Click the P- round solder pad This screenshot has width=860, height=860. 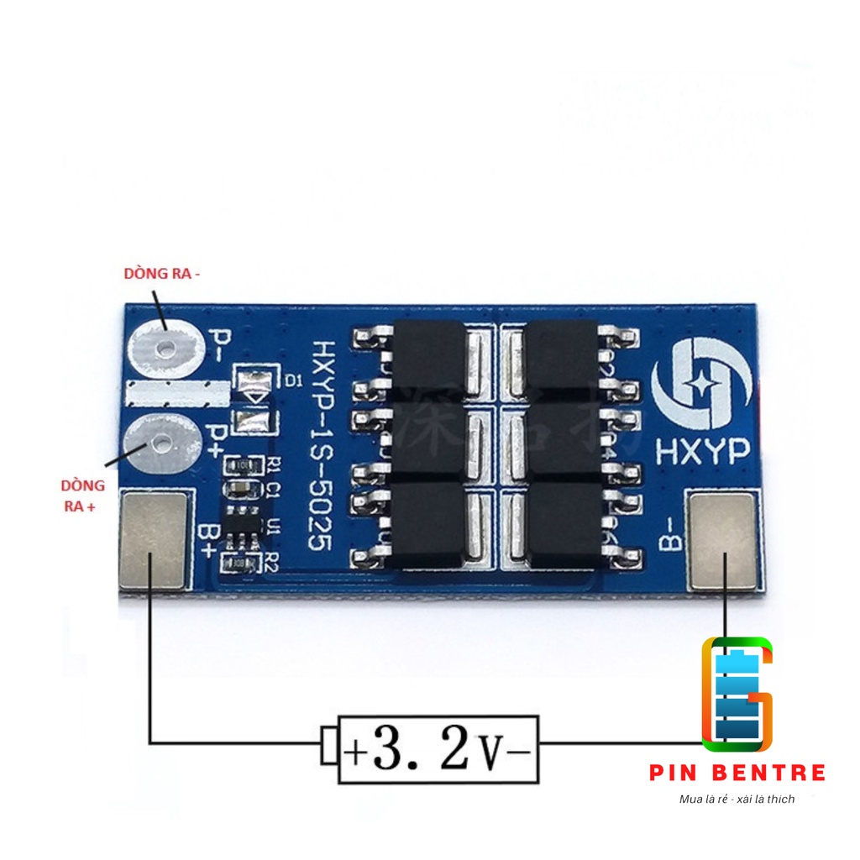[x=166, y=346]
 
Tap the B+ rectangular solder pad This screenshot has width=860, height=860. [x=153, y=539]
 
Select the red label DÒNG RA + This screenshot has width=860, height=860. [x=82, y=496]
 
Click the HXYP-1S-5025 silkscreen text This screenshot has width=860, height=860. [x=319, y=445]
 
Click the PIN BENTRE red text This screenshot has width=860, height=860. [x=737, y=773]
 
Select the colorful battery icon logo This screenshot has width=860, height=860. [x=737, y=694]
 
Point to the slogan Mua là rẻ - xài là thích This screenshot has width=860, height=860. [x=737, y=799]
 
